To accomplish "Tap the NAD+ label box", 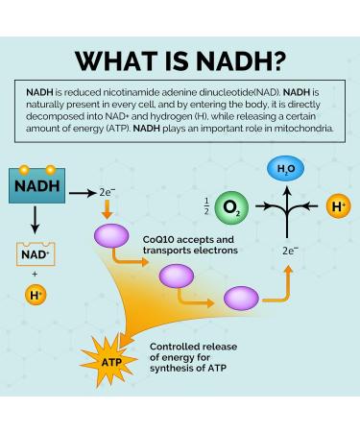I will [x=35, y=253].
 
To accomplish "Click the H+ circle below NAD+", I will [x=35, y=294].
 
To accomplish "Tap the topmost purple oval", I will [x=111, y=235].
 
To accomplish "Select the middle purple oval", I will [x=177, y=277].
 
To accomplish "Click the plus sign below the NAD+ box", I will [x=35, y=274].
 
